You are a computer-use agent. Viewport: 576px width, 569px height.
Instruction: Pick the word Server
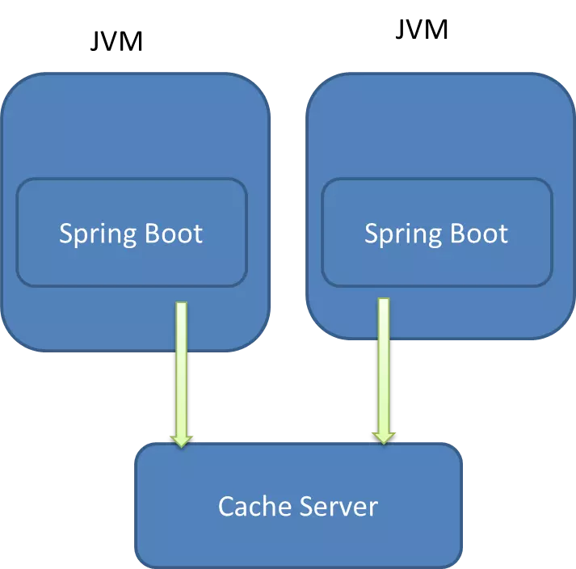(339, 507)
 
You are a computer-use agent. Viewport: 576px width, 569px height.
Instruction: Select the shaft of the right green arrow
(384, 364)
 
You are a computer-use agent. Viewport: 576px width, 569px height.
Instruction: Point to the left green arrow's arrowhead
(181, 440)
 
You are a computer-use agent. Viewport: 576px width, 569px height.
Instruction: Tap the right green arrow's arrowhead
(384, 437)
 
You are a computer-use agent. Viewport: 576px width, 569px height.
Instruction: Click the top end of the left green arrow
(181, 305)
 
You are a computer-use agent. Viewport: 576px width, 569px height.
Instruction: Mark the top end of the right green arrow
(384, 301)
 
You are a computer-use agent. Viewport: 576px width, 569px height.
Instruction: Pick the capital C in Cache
(227, 507)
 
